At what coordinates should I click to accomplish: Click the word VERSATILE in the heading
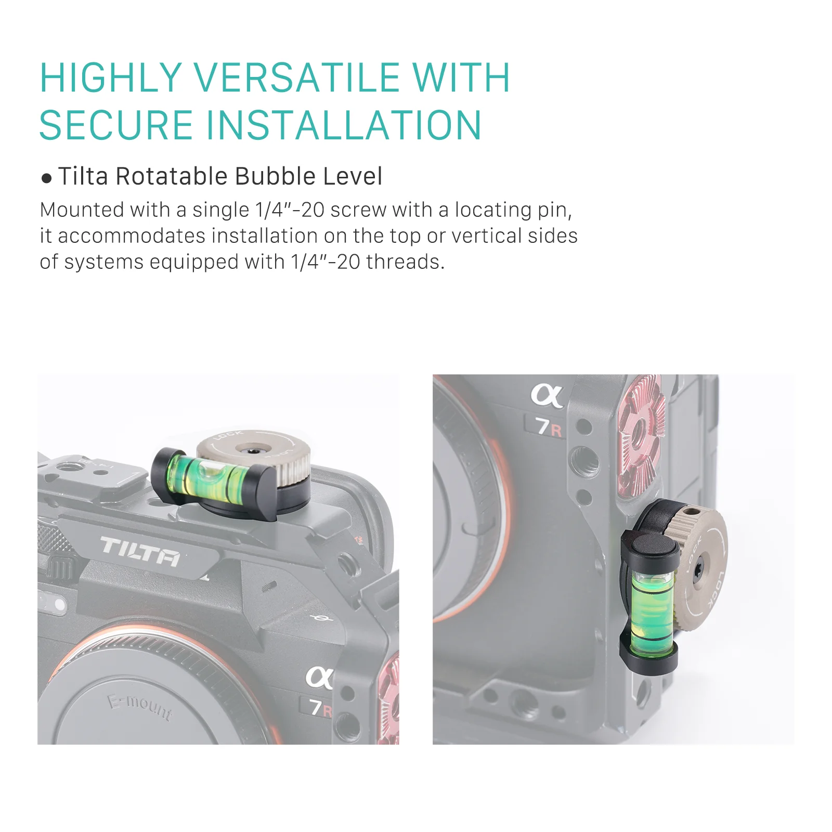pyautogui.click(x=298, y=78)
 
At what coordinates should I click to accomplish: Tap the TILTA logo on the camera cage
pyautogui.click(x=140, y=551)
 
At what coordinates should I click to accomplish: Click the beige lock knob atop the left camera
pyautogui.click(x=254, y=452)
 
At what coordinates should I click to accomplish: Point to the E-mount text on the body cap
pyautogui.click(x=140, y=707)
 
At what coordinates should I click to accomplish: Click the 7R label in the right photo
pyautogui.click(x=549, y=427)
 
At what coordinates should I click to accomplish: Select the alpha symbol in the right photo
pyautogui.click(x=547, y=396)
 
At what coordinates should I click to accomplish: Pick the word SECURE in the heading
pyautogui.click(x=116, y=125)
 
